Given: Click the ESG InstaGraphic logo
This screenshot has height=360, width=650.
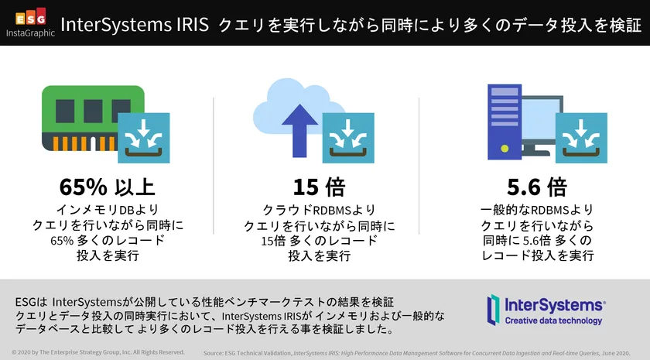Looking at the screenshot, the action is pos(31,22).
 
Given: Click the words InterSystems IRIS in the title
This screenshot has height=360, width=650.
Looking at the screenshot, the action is pos(135,25).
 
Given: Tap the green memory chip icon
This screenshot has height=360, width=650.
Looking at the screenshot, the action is pos(94,118).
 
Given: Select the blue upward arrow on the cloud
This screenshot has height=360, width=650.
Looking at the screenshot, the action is pos(299,131).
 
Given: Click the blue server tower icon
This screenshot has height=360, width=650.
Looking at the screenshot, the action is pos(505,122).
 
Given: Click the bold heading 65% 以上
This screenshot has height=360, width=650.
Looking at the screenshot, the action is pos(108,187).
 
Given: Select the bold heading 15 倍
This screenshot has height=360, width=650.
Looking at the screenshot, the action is pos(319,187).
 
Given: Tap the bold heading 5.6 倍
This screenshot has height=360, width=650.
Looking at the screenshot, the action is pos(537,187).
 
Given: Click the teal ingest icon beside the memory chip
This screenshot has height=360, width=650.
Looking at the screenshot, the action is pos(144,138).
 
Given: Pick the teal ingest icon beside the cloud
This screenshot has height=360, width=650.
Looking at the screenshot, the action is pos(348,138).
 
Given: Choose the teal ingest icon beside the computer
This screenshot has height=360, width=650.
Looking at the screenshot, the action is pos(581,138).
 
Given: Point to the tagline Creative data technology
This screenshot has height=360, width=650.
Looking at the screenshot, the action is pos(553,321).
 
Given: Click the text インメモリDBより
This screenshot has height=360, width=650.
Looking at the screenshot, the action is pos(108,210).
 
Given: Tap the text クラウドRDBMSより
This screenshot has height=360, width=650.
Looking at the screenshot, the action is pos(319,211).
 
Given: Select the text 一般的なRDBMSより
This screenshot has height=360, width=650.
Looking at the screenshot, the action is pos(537,210).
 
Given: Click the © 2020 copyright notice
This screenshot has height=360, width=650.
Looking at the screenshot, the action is pos(97,352).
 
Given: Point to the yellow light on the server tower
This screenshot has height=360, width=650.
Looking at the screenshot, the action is pos(505,148).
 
